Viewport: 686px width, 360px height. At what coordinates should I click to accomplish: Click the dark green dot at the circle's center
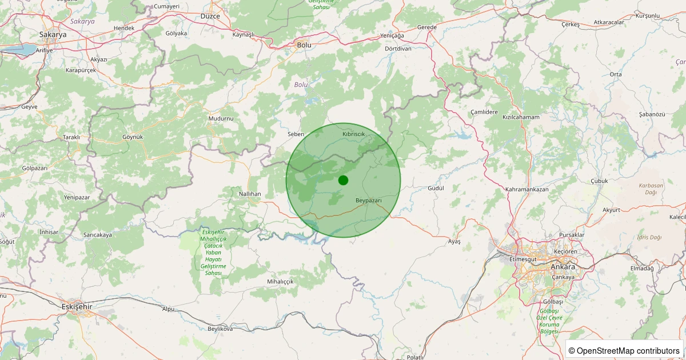[343, 180]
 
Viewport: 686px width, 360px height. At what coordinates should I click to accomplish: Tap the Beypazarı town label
[368, 201]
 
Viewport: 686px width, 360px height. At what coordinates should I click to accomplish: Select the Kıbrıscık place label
[353, 133]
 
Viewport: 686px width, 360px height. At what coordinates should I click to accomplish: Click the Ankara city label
[563, 267]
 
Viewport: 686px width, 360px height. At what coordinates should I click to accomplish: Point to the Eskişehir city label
[77, 306]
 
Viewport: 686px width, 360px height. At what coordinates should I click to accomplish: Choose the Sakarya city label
[53, 35]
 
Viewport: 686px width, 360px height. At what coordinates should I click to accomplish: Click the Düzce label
[210, 17]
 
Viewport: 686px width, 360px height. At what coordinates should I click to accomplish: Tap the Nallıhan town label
[250, 194]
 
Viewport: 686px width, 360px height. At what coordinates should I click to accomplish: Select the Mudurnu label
[221, 118]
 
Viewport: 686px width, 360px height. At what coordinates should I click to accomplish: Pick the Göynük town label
[132, 137]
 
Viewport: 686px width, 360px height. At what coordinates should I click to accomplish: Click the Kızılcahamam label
[521, 117]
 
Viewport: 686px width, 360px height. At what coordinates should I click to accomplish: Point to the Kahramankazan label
[527, 189]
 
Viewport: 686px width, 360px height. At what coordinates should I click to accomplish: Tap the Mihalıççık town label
[280, 282]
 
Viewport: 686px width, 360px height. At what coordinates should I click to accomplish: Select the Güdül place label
[436, 188]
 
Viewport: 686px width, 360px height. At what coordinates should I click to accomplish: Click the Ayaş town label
[454, 242]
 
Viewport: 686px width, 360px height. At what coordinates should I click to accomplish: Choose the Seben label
[296, 134]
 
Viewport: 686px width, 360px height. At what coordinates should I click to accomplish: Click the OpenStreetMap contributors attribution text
[624, 350]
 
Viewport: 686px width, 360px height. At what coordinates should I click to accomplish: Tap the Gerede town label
[427, 27]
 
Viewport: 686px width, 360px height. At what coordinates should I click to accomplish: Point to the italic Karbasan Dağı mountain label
[651, 189]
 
